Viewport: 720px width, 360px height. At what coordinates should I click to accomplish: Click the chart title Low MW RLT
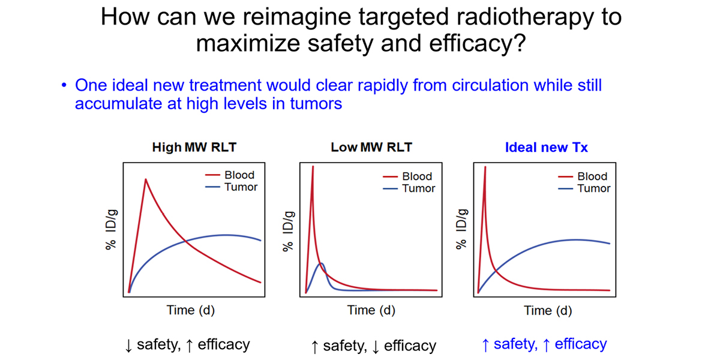[x=371, y=147]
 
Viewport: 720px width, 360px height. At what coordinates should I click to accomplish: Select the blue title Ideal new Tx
[x=546, y=147]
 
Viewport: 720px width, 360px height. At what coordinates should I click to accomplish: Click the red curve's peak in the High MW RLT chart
[x=145, y=178]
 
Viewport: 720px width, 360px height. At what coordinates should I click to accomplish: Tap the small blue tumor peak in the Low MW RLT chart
[x=322, y=263]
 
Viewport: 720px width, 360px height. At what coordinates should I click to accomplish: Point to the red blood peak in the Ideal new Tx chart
[x=485, y=167]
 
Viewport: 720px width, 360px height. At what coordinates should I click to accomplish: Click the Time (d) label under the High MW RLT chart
[x=190, y=310]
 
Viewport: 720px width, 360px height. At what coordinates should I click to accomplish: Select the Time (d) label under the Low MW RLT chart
[x=371, y=310]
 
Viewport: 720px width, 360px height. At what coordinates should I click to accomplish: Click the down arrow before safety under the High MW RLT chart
[x=128, y=345]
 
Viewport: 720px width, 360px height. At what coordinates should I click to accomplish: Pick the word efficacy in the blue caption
[x=580, y=344]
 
